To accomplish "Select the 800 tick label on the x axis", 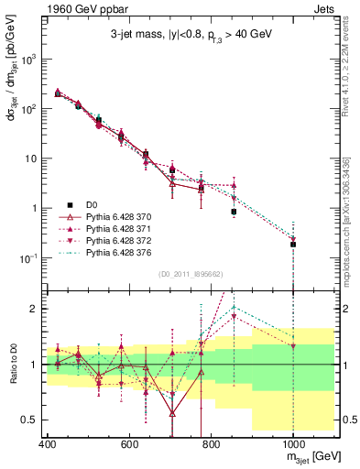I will click(212, 442).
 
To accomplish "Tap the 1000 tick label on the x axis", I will click(293, 442).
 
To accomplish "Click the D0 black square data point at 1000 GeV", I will click(293, 245).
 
